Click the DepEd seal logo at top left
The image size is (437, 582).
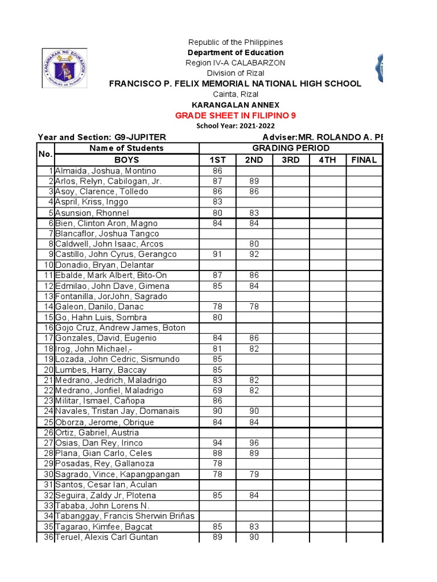tap(65, 68)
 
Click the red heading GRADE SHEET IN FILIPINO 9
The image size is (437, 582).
tap(236, 115)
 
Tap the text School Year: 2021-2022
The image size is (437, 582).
tap(235, 126)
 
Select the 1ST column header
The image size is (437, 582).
tap(217, 160)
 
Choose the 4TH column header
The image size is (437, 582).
tap(328, 160)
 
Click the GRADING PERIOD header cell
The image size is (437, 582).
tap(291, 148)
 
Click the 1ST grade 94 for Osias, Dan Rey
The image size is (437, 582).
tap(217, 443)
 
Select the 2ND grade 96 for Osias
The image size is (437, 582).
tap(254, 443)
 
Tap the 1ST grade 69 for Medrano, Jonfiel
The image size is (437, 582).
tap(217, 390)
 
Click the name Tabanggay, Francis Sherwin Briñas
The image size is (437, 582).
tap(125, 516)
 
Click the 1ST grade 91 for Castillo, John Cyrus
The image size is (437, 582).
tap(217, 255)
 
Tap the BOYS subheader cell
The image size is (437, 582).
tap(126, 160)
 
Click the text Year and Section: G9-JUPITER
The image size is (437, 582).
tap(102, 138)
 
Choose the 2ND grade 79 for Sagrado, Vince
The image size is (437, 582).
tap(254, 475)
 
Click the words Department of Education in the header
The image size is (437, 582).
tap(236, 53)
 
